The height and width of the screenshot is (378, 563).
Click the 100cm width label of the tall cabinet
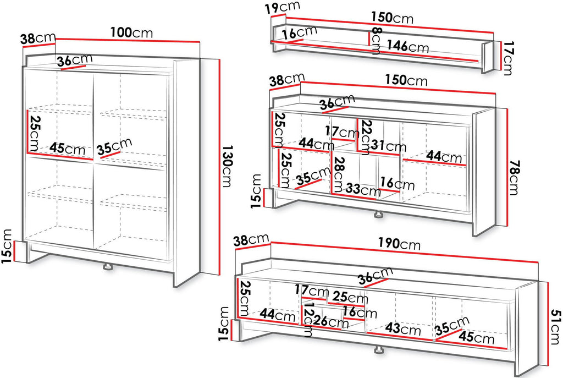click(131, 32)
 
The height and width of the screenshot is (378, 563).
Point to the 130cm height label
click(227, 166)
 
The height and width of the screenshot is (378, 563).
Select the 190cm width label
click(399, 243)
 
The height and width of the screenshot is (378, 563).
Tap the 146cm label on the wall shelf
click(407, 46)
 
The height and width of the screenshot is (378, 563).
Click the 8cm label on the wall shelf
click(376, 41)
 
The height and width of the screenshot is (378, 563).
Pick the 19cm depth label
click(283, 7)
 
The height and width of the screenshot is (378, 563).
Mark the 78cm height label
click(514, 178)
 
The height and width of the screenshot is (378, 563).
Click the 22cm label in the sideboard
click(366, 137)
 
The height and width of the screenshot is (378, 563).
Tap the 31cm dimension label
click(389, 145)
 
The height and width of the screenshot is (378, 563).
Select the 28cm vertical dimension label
click(339, 174)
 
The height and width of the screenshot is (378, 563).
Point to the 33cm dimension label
click(363, 189)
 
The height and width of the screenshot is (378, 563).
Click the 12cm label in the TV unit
click(308, 322)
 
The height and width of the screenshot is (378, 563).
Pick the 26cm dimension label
click(330, 321)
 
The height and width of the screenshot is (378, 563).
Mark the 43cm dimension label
click(403, 328)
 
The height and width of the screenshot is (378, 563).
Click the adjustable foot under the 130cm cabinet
click(107, 267)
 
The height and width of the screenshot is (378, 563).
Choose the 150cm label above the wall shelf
click(392, 17)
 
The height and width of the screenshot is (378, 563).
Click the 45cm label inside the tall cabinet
click(68, 149)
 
